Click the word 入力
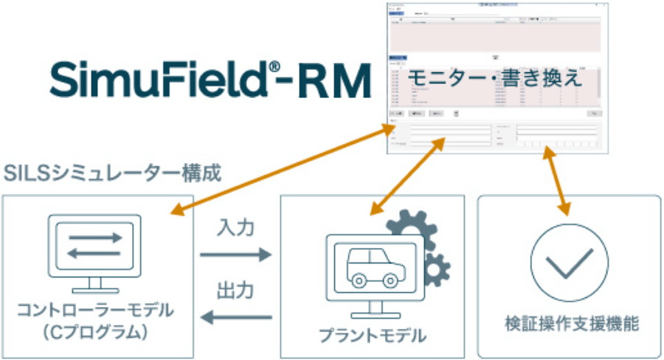[x=235, y=228]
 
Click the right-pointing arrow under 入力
[x=235, y=255]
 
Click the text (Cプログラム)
[x=96, y=333]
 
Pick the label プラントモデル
[x=372, y=336]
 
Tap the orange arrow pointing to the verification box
[x=557, y=181]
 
